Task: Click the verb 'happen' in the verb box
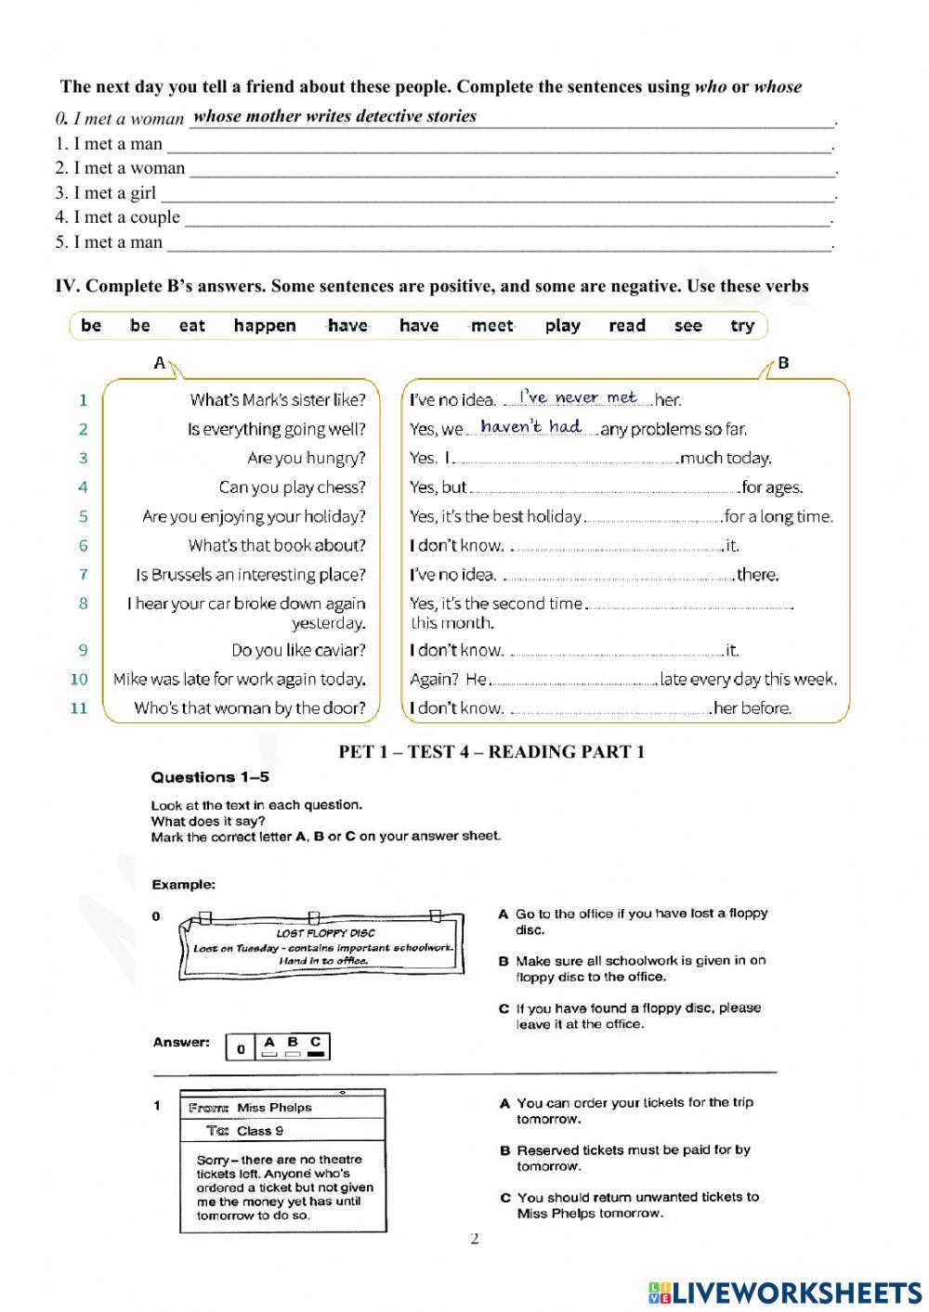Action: [265, 326]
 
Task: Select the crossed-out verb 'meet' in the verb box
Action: [491, 326]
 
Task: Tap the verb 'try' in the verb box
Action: [742, 326]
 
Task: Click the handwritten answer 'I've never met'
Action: [577, 397]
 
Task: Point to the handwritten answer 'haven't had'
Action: [530, 426]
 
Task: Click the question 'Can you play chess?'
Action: [292, 487]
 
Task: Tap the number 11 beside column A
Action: [79, 708]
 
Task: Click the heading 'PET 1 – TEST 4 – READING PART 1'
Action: [491, 752]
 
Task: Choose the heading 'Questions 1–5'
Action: [210, 777]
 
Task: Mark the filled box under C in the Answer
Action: [316, 1054]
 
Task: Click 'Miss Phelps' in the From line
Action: [274, 1108]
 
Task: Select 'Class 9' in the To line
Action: [260, 1131]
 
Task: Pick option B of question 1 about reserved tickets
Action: [633, 1158]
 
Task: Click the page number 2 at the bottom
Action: [475, 1239]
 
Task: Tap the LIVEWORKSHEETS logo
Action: [785, 1293]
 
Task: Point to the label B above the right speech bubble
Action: [783, 363]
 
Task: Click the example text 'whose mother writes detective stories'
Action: [334, 116]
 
